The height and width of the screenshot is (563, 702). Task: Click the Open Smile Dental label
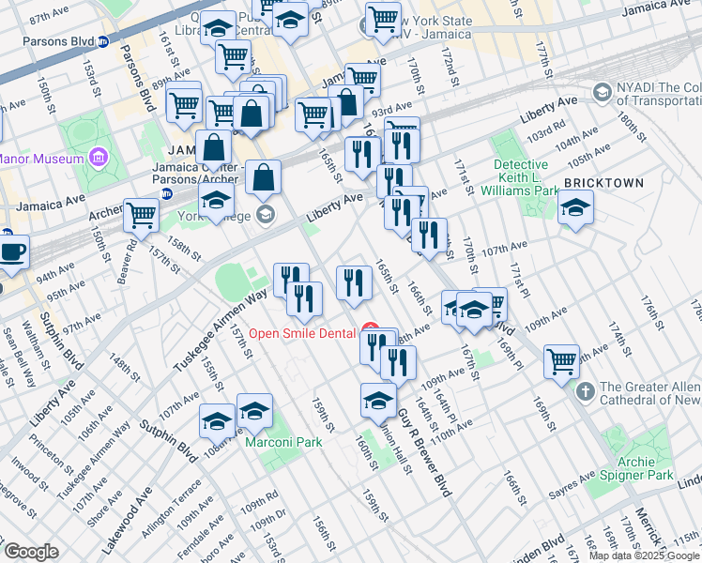coord(302,333)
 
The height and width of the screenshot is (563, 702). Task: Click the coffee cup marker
coord(12,251)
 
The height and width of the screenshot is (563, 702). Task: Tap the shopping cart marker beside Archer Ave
coord(142,215)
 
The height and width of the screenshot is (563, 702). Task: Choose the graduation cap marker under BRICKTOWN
coord(574,209)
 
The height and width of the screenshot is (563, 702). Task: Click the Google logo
coord(31,552)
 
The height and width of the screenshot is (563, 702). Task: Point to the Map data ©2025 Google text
coord(644,555)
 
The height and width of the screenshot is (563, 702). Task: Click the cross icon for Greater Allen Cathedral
coord(585,388)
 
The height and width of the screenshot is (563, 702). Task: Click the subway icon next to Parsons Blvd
coord(103,41)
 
